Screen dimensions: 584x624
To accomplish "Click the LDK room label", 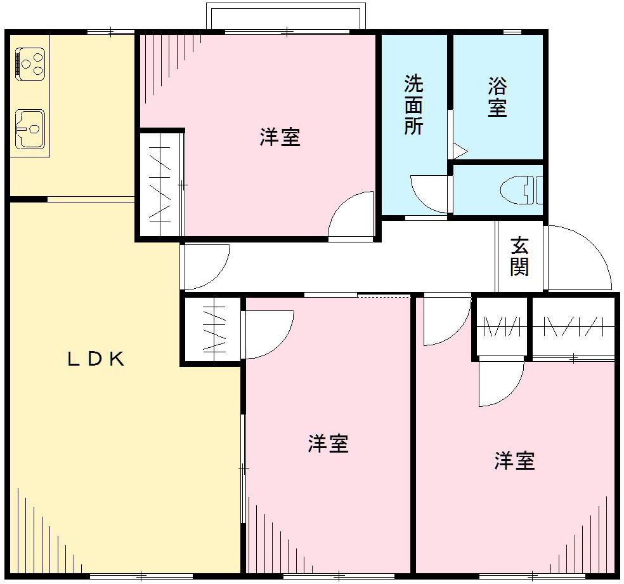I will [x=95, y=359].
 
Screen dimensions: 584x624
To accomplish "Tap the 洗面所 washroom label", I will [x=414, y=105].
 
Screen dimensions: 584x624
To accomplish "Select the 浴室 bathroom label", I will [x=497, y=97].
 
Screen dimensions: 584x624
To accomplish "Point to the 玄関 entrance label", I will [x=519, y=256].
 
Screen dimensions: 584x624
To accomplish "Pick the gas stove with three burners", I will [x=30, y=63].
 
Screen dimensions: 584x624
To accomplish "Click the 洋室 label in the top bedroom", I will [x=280, y=137].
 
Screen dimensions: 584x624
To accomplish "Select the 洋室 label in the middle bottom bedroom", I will [x=328, y=443].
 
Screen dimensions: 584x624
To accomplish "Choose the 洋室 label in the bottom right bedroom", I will [x=514, y=460].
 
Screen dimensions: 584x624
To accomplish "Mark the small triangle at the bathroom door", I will [x=460, y=152].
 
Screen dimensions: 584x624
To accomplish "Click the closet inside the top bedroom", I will [x=161, y=185].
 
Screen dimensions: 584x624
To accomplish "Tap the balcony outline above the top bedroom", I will [x=285, y=16].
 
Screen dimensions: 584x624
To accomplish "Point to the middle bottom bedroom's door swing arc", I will [x=268, y=333].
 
